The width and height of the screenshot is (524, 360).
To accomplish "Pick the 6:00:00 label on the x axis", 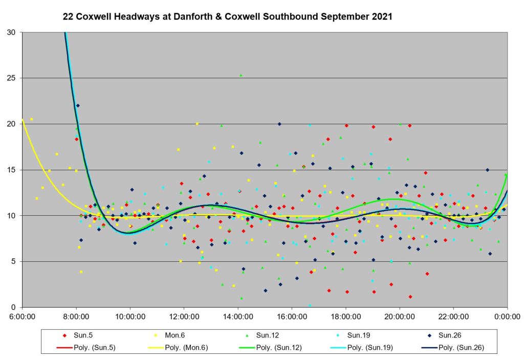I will point(22,317).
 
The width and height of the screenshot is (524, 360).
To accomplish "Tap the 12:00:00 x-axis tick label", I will point(184,317).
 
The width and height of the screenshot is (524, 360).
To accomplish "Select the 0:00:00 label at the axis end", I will point(507,317).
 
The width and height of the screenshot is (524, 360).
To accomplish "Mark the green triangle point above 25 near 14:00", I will point(241,75).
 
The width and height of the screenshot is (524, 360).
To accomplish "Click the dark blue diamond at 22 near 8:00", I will point(78,106).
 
